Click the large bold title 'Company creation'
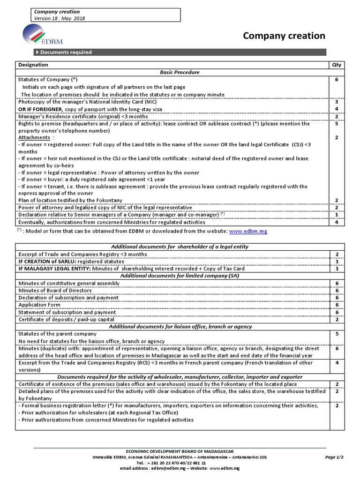[284, 36]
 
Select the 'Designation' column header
[33, 65]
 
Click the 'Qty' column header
[337, 65]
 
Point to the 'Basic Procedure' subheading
[180, 72]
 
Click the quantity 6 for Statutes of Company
[337, 80]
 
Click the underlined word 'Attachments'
[34, 138]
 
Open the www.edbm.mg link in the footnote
[248, 232]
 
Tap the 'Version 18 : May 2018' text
[60, 18]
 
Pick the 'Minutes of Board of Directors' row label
[54, 291]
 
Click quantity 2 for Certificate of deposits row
[337, 320]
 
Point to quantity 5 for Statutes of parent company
[337, 334]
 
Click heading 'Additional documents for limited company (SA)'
[180, 276]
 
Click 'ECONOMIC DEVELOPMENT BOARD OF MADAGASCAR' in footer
[180, 450]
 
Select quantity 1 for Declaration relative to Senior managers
[337, 215]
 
